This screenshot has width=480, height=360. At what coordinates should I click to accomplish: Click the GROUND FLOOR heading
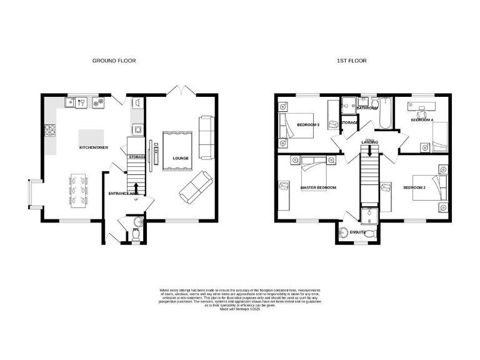(114, 61)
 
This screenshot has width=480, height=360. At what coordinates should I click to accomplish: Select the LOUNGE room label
(181, 158)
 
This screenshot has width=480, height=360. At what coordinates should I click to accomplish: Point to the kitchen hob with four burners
(50, 130)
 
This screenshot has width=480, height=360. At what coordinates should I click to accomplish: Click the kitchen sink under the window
(80, 102)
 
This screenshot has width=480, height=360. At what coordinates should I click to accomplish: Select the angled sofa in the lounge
(194, 186)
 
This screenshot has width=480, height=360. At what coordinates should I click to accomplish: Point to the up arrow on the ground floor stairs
(136, 187)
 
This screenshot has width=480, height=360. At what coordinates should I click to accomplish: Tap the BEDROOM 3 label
(307, 125)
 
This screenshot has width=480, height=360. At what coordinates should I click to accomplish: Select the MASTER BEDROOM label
(318, 187)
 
